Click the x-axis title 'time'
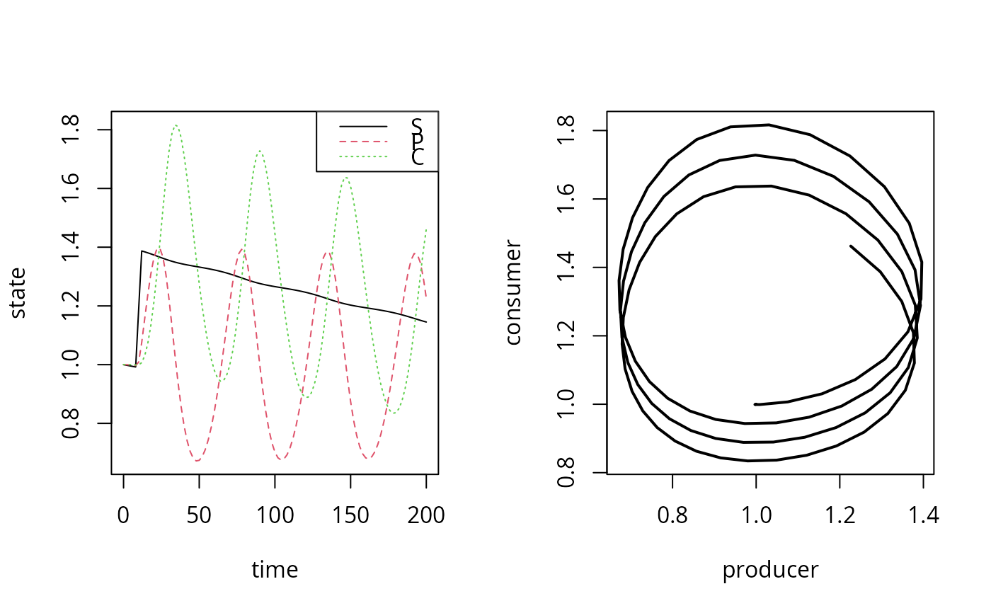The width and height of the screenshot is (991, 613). [275, 570]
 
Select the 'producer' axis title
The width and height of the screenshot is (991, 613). [770, 570]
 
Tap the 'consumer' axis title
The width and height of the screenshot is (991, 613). [514, 292]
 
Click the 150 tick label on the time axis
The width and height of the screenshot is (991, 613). [351, 515]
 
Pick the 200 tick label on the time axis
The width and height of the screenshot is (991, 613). [426, 515]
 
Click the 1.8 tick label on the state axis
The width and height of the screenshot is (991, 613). [71, 130]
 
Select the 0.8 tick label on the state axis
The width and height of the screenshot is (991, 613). [71, 423]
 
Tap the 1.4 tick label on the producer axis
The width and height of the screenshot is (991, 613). [922, 515]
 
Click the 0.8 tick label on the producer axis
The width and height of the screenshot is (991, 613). [672, 515]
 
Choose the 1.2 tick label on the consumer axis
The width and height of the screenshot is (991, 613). [566, 336]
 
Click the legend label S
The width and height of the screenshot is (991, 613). [417, 126]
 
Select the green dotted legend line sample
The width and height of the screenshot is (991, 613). [364, 156]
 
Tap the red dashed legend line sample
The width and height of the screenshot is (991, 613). [364, 141]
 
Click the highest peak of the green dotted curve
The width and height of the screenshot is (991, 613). [175, 126]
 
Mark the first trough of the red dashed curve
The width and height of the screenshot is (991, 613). [197, 461]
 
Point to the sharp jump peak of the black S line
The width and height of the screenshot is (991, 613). [142, 251]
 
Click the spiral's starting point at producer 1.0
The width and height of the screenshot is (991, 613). [756, 404]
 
